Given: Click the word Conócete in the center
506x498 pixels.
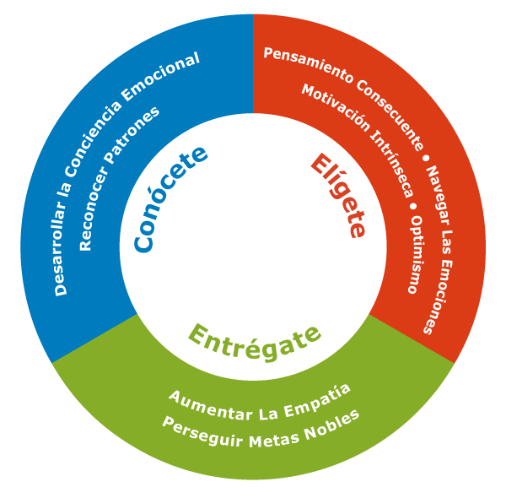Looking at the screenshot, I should coord(170,198).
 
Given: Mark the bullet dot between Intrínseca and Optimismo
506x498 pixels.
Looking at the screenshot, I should coord(413,205).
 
